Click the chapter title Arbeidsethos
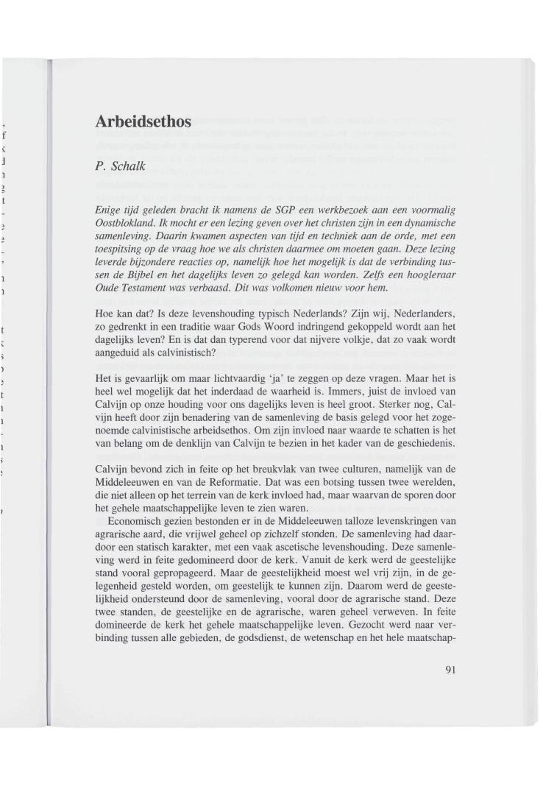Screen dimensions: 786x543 coord(143,121)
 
